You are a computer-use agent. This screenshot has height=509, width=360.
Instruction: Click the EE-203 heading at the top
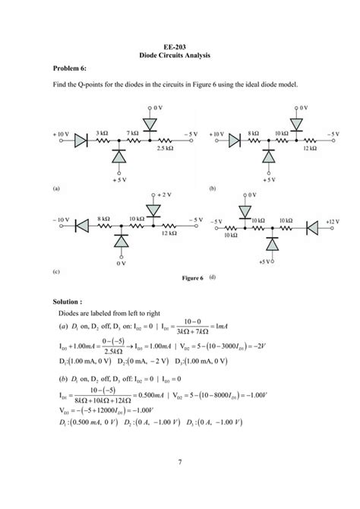180,46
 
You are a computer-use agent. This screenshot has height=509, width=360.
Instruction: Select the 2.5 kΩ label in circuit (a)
165,149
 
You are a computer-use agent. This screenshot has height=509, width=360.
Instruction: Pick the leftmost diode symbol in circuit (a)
82,140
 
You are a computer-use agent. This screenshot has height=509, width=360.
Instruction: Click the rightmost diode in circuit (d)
314,226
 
